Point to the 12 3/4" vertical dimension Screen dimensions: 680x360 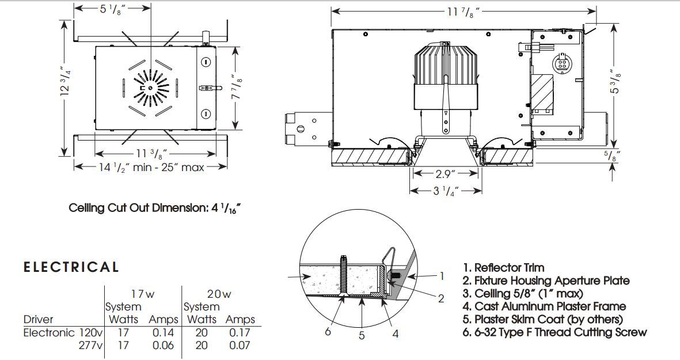pyautogui.click(x=66, y=81)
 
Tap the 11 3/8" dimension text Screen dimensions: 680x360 pyautogui.click(x=152, y=154)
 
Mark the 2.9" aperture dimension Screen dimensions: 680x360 pyautogui.click(x=446, y=174)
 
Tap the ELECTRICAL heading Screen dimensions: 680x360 pyautogui.click(x=71, y=267)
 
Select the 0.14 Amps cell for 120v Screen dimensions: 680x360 pyautogui.click(x=163, y=333)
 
